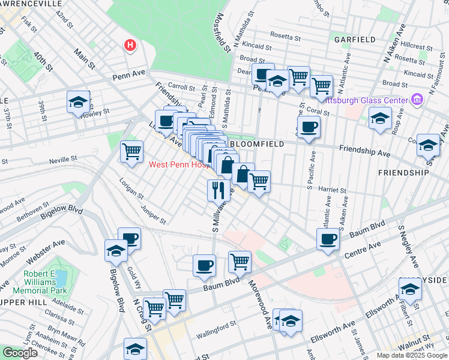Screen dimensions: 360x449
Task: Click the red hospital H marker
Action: click(x=130, y=45)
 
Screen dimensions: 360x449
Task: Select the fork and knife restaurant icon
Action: click(x=218, y=190)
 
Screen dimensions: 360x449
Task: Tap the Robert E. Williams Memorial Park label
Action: click(x=50, y=285)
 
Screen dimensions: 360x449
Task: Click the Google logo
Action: click(x=20, y=353)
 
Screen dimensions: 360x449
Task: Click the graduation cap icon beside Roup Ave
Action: click(x=380, y=118)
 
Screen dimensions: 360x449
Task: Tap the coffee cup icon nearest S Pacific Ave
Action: click(x=309, y=127)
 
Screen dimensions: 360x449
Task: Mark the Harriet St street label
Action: click(x=332, y=188)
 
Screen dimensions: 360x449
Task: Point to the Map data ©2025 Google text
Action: click(x=412, y=355)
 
